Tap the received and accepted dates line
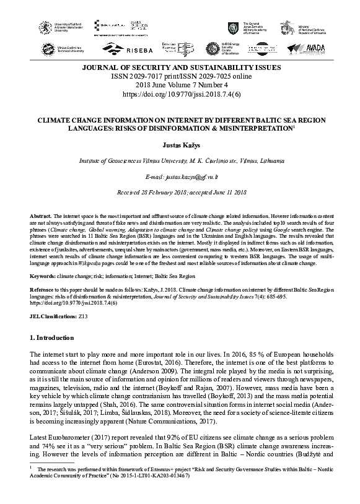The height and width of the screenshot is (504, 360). coord(180,193)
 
